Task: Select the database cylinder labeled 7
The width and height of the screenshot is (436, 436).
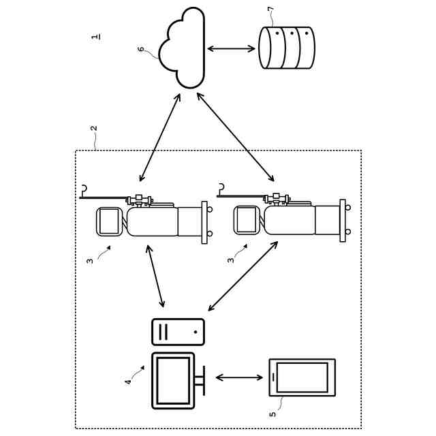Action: point(287,48)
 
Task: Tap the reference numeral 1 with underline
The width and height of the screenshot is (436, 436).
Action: point(95,36)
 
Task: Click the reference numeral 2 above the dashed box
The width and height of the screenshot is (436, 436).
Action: point(94,128)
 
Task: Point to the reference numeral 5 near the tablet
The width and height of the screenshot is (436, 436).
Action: point(272,414)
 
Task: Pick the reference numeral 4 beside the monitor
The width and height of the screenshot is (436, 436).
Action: point(128,381)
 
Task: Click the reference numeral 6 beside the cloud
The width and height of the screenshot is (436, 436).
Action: point(141,49)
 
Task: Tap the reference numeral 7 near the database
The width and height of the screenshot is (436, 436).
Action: point(270,9)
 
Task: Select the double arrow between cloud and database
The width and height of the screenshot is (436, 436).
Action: point(232,49)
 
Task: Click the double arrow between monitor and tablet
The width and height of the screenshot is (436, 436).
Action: point(239,377)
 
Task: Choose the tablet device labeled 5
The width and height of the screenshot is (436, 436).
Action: point(302,377)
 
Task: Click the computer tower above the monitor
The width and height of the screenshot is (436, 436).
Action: point(178,332)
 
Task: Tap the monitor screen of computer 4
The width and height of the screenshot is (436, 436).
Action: point(173,380)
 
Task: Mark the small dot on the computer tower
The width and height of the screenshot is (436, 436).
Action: point(196,332)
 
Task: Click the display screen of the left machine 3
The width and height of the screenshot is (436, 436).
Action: point(109,221)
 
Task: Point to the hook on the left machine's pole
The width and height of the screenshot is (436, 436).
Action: point(84,189)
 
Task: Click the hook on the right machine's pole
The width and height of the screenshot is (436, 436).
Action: point(221,187)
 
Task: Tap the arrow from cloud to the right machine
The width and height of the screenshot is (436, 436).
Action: point(236,137)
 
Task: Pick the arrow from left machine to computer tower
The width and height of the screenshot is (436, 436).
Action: point(156,276)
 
